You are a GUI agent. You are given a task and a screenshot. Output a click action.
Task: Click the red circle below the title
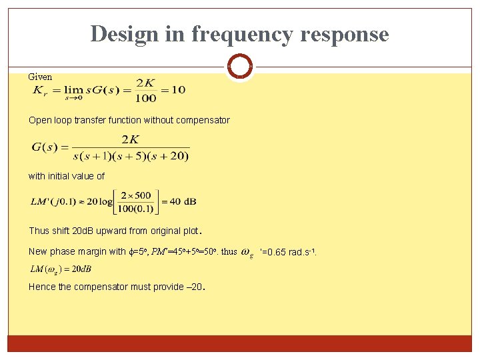pyautogui.click(x=239, y=67)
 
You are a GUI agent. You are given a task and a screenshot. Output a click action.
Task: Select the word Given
pyautogui.click(x=40, y=77)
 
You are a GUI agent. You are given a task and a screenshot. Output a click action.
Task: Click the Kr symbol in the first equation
pyautogui.click(x=41, y=91)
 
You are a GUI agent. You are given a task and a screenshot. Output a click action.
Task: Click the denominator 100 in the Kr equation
pyautogui.click(x=145, y=99)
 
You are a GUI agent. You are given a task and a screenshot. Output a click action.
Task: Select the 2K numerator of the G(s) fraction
pyautogui.click(x=130, y=139)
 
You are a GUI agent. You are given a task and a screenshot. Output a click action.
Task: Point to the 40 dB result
pyautogui.click(x=183, y=202)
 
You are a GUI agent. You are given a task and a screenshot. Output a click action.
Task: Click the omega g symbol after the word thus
pyautogui.click(x=246, y=253)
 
